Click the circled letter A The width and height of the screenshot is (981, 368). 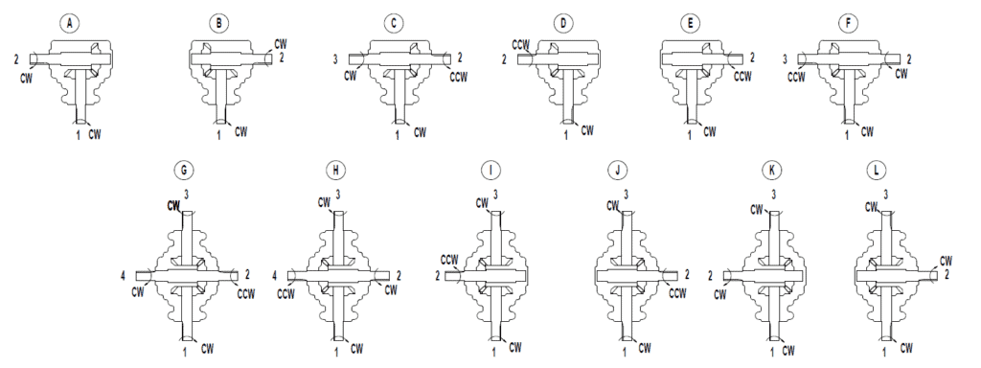pos(68,22)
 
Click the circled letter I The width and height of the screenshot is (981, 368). pos(490,171)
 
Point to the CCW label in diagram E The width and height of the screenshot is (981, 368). pos(743,76)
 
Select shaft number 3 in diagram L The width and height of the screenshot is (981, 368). pos(885,195)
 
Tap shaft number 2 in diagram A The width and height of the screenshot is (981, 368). pos(17,59)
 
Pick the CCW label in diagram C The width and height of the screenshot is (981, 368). pos(458,76)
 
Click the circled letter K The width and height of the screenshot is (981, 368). pos(772,171)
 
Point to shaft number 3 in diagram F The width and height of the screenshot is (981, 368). pos(786,59)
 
